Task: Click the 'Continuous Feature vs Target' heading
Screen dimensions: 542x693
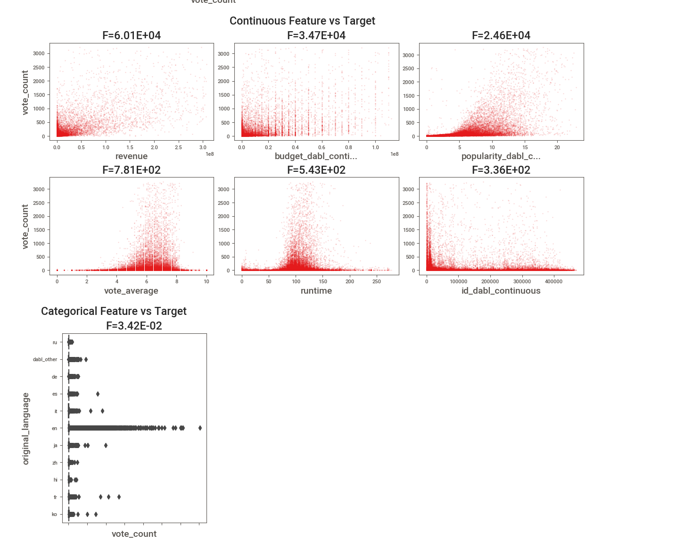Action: coord(302,21)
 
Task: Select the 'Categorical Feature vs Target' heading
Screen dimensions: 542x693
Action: coord(114,311)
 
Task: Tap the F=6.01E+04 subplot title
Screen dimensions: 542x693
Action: coord(132,35)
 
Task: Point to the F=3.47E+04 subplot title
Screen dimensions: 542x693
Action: coord(316,35)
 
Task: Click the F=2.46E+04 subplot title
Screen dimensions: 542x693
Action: coord(501,35)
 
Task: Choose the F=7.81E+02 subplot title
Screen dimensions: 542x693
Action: coord(132,170)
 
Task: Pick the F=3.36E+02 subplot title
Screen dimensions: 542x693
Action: coord(501,170)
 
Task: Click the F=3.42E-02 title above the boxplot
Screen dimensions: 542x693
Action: coord(134,326)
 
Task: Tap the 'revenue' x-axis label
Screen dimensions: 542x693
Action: coord(132,156)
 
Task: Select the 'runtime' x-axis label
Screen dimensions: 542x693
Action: coord(316,291)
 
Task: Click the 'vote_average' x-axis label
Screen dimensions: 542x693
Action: coord(131,291)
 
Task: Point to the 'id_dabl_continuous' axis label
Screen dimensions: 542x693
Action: coord(501,291)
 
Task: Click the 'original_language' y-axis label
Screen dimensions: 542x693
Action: coord(26,428)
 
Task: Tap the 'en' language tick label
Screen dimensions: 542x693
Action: coord(55,429)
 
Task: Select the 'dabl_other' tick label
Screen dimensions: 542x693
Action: coord(45,360)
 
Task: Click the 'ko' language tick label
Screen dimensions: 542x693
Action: coord(54,515)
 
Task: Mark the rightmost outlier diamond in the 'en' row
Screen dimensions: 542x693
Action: coord(200,428)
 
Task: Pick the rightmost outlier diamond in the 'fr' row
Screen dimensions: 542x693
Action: coord(119,497)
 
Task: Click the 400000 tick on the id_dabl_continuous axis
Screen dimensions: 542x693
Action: coord(553,281)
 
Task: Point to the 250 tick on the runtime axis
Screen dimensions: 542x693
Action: coord(377,281)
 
